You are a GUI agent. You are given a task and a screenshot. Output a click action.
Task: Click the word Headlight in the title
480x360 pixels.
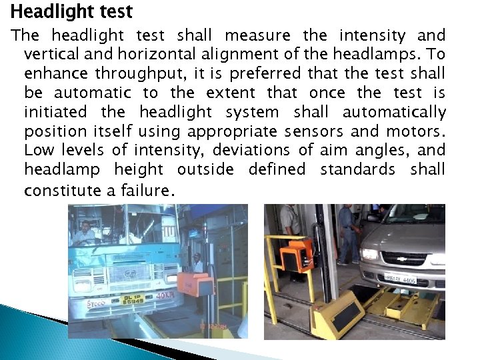point(43,11)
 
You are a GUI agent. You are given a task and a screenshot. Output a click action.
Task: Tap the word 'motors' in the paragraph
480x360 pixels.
point(419,131)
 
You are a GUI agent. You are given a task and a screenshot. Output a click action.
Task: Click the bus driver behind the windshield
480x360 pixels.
point(86,233)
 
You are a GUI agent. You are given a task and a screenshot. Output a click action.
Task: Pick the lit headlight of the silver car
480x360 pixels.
point(369,254)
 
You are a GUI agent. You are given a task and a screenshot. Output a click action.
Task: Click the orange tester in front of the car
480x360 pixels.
point(297,254)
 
